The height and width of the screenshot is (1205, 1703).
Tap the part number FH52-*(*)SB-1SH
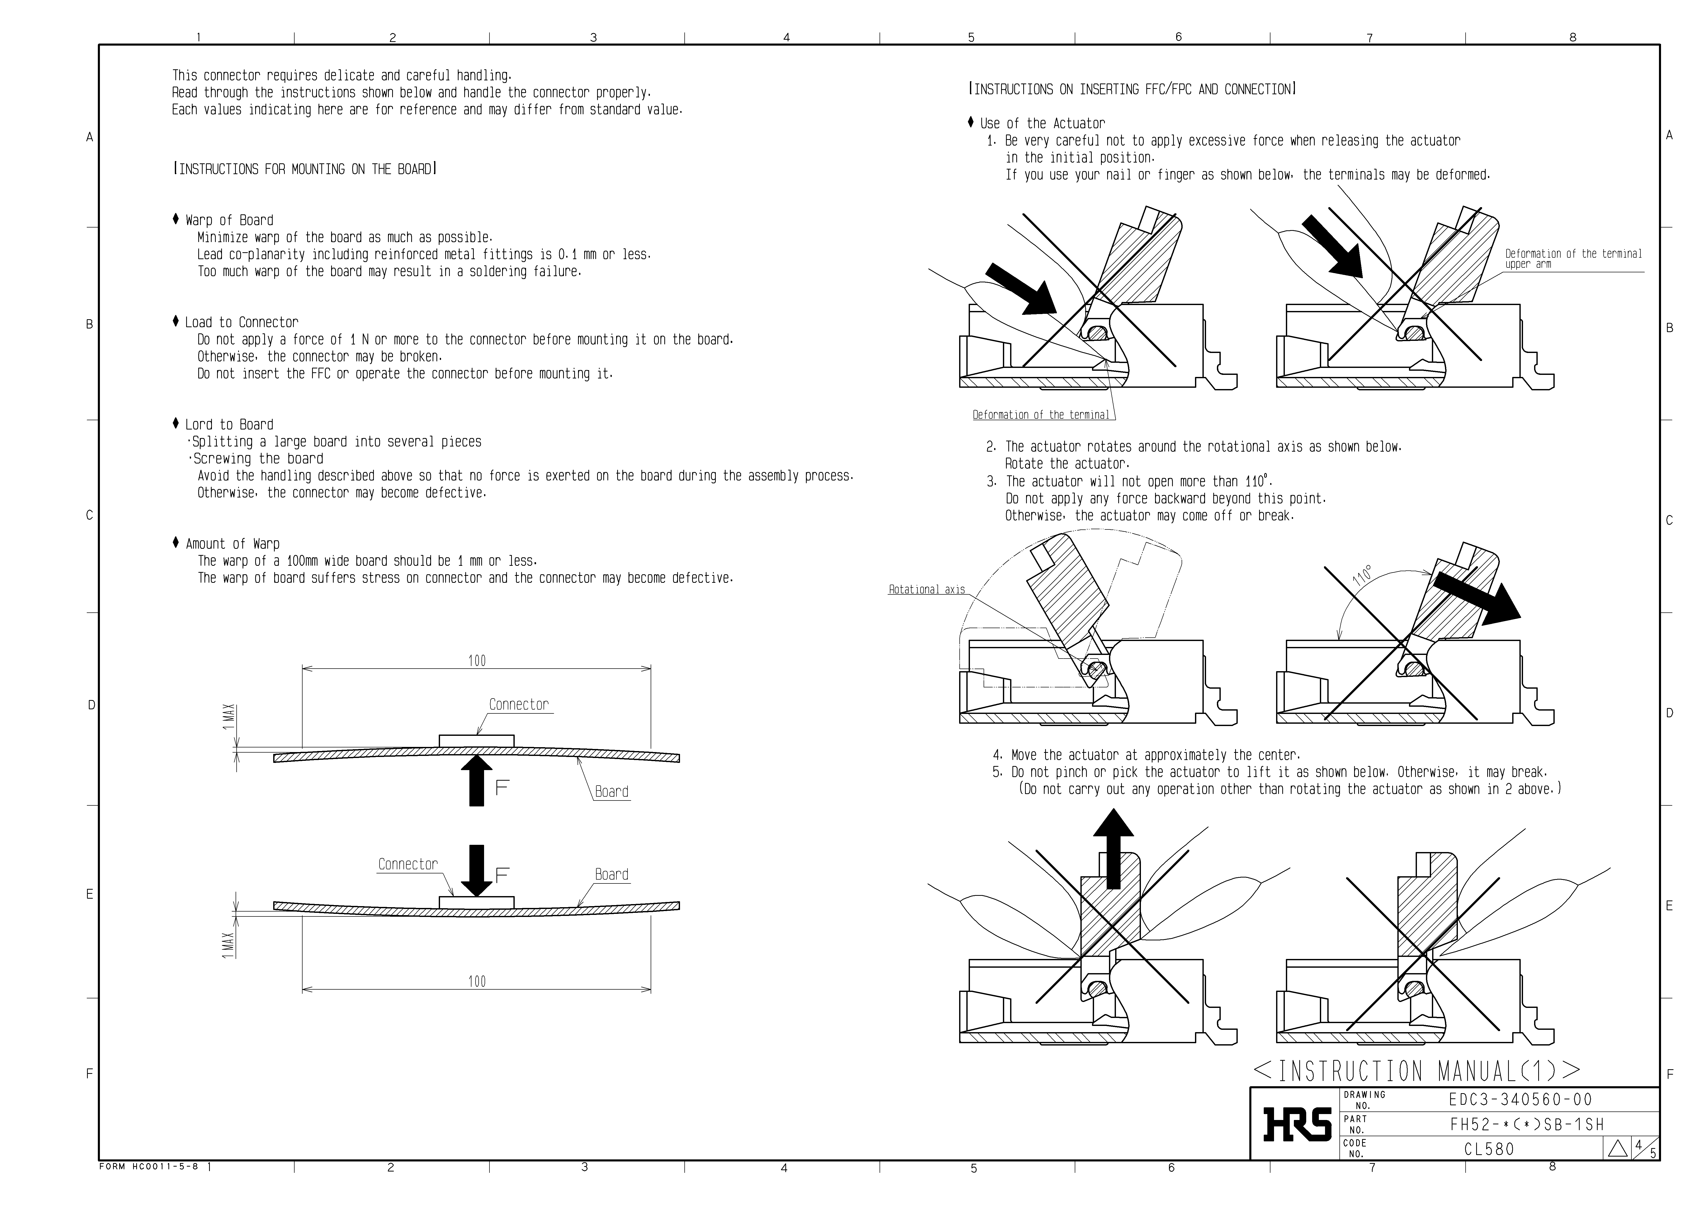[1526, 1124]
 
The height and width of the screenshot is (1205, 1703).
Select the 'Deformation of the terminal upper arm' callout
[1572, 259]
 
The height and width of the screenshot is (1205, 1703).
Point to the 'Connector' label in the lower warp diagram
[407, 864]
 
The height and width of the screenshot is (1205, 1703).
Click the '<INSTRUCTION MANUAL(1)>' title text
[1417, 1071]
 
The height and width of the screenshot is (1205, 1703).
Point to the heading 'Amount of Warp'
[232, 544]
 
